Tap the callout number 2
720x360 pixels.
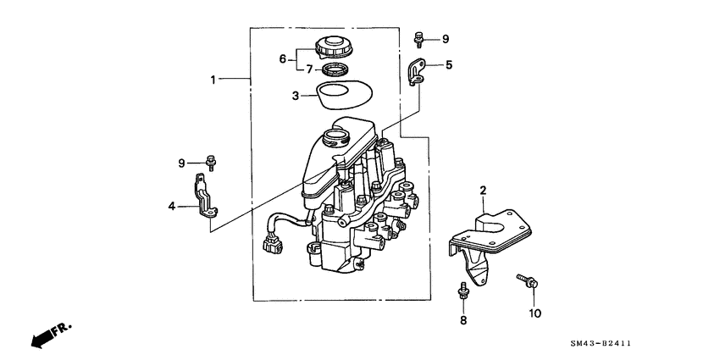coord(483,191)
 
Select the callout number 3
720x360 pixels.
coord(295,96)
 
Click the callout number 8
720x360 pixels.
coord(463,320)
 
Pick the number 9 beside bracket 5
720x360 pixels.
coord(446,39)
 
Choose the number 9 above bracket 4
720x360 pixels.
coord(180,162)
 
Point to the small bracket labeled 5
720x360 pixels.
coord(417,71)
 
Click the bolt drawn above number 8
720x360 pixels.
coord(463,293)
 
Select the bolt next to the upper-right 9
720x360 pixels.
coord(419,38)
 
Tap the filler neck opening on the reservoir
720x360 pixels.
coord(333,134)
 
